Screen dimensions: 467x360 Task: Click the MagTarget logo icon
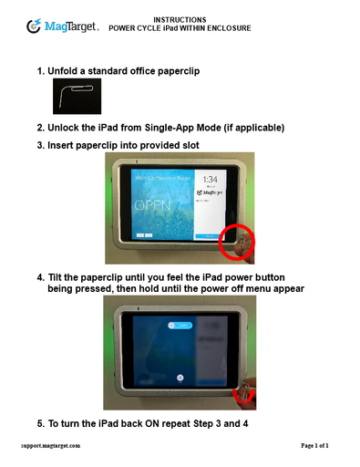pos(34,26)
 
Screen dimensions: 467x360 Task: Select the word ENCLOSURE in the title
pos(230,28)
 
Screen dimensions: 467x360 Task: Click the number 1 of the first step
pos(40,71)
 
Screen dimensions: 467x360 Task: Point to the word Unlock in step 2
pos(67,128)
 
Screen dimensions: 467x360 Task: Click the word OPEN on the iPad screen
pos(153,205)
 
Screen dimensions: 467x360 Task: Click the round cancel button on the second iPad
pos(180,376)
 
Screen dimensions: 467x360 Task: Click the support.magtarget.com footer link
pos(51,446)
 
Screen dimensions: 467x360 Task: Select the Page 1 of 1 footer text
pos(314,446)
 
